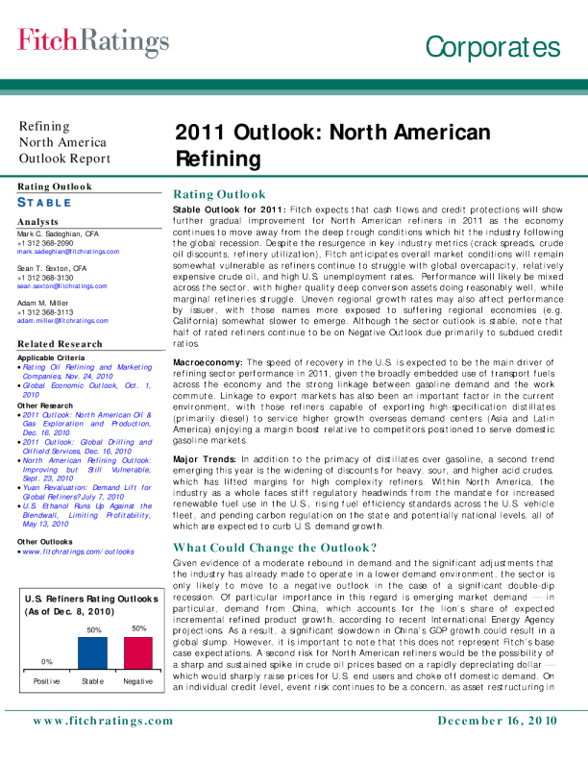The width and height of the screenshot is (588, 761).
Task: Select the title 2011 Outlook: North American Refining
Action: click(331, 144)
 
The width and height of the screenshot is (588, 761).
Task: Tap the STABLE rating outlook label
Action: click(46, 203)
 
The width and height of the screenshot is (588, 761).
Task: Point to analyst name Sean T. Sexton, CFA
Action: click(54, 268)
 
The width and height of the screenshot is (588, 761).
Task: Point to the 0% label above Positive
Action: click(46, 662)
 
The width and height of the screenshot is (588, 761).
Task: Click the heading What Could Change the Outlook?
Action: click(274, 548)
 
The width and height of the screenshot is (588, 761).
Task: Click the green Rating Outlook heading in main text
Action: click(218, 194)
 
